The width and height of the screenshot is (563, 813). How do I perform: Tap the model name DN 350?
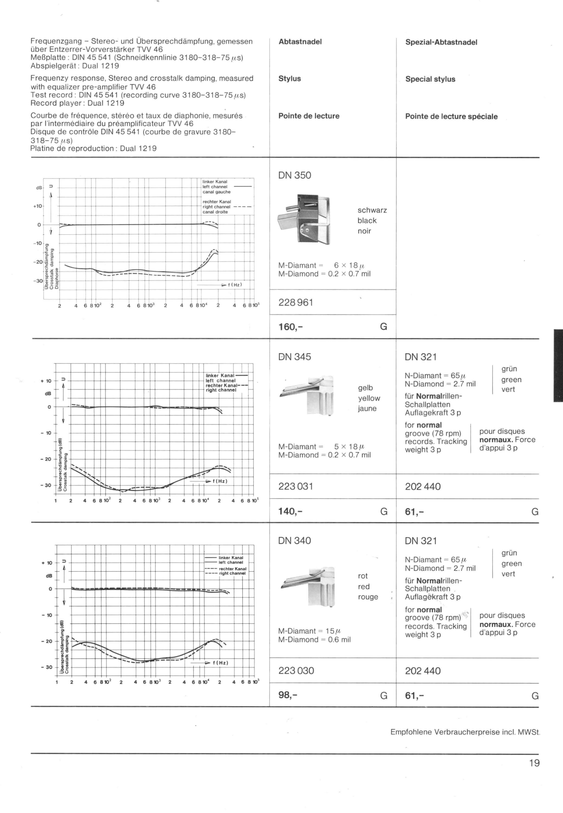point(294,175)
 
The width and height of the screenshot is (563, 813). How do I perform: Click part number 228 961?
point(296,302)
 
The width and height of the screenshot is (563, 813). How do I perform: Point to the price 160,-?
point(291,327)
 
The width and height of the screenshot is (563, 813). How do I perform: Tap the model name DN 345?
point(294,357)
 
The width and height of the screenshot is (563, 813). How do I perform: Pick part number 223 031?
point(296,486)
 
